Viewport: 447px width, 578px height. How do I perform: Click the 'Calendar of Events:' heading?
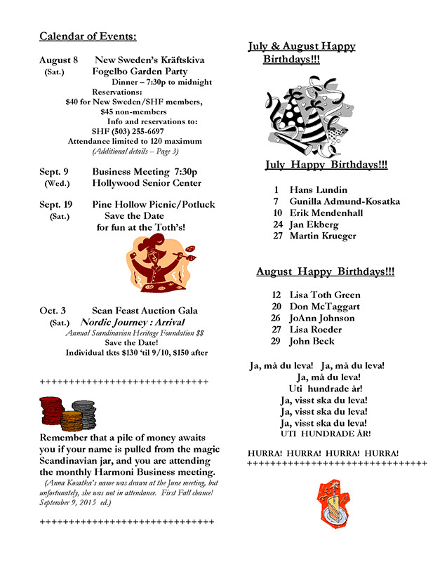tap(88, 36)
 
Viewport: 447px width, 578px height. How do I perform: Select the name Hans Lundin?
tap(318, 189)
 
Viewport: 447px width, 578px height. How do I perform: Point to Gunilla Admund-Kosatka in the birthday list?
tap(345, 201)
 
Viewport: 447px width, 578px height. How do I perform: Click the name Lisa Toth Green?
tap(325, 295)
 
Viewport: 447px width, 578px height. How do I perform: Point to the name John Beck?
tap(312, 341)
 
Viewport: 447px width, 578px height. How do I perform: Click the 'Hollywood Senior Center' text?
tap(146, 183)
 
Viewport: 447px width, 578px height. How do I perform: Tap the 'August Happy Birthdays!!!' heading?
tap(325, 271)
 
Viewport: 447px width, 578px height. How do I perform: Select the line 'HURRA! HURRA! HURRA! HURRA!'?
tap(323, 452)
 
